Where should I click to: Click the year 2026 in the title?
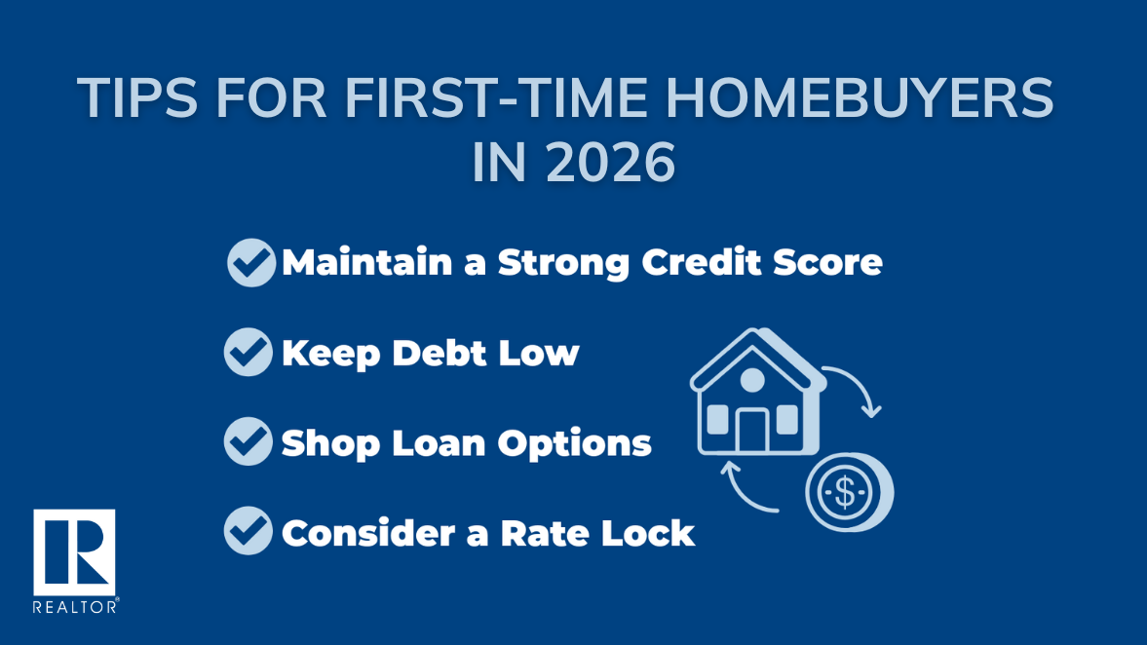610,163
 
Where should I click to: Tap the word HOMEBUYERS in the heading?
860,98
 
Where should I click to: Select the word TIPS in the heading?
137,98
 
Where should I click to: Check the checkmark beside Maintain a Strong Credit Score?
251,262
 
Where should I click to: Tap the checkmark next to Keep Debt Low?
249,352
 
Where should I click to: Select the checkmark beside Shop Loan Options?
249,441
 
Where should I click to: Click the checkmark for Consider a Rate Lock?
249,531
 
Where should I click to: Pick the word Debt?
439,354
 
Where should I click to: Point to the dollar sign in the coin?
844,492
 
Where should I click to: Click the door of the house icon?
752,431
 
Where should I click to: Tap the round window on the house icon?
752,380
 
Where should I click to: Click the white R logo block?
74,552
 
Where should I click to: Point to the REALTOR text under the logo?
75,607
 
